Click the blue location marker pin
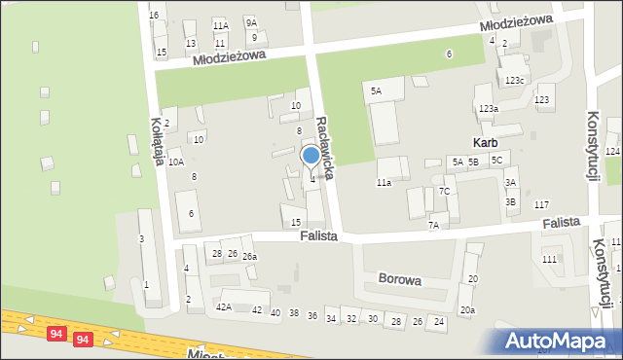click(x=311, y=157)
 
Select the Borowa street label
click(x=400, y=279)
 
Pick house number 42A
click(x=224, y=307)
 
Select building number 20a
click(x=467, y=309)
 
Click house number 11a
click(x=384, y=182)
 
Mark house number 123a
click(x=488, y=109)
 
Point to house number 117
click(x=541, y=204)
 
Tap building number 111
click(x=549, y=259)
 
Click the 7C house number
click(x=444, y=191)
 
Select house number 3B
click(x=510, y=201)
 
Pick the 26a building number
click(x=249, y=256)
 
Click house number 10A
click(x=175, y=162)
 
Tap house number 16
click(x=154, y=16)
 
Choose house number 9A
click(x=251, y=22)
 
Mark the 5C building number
click(x=496, y=160)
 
